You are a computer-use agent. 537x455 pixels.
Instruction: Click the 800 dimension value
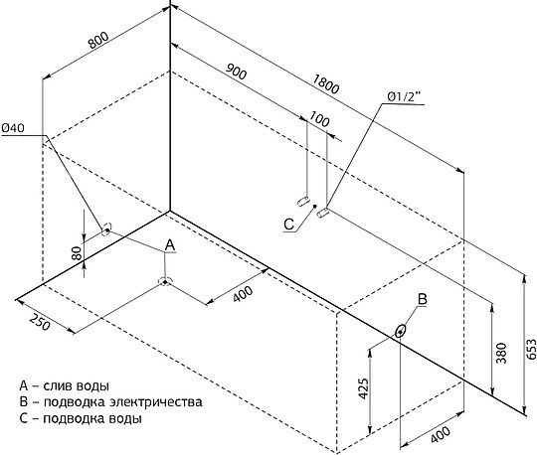[98, 40]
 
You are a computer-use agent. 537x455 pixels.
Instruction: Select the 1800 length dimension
[326, 84]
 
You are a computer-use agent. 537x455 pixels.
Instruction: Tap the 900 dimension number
[237, 72]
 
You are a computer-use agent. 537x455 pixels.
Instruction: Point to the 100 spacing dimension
[319, 119]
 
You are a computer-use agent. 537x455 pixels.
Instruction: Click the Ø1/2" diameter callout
[404, 97]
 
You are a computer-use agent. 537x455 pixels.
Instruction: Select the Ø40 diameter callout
[13, 128]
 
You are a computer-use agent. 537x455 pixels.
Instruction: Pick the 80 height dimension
[78, 253]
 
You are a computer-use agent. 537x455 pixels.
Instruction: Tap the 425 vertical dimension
[363, 388]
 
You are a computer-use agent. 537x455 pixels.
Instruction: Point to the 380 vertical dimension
[501, 353]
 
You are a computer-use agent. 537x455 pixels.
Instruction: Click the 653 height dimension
[531, 349]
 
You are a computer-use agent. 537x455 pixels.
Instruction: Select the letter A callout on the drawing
[170, 245]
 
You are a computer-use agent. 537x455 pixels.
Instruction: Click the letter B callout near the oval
[423, 299]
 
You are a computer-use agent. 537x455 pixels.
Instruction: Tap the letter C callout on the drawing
[289, 225]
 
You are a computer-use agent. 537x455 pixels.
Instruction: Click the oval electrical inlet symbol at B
[400, 331]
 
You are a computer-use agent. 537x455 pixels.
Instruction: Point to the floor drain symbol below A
[165, 281]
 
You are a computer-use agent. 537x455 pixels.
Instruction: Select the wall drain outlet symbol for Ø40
[106, 229]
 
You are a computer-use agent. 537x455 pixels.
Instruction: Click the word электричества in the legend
[156, 401]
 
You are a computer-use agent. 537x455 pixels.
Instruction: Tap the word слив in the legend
[56, 385]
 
